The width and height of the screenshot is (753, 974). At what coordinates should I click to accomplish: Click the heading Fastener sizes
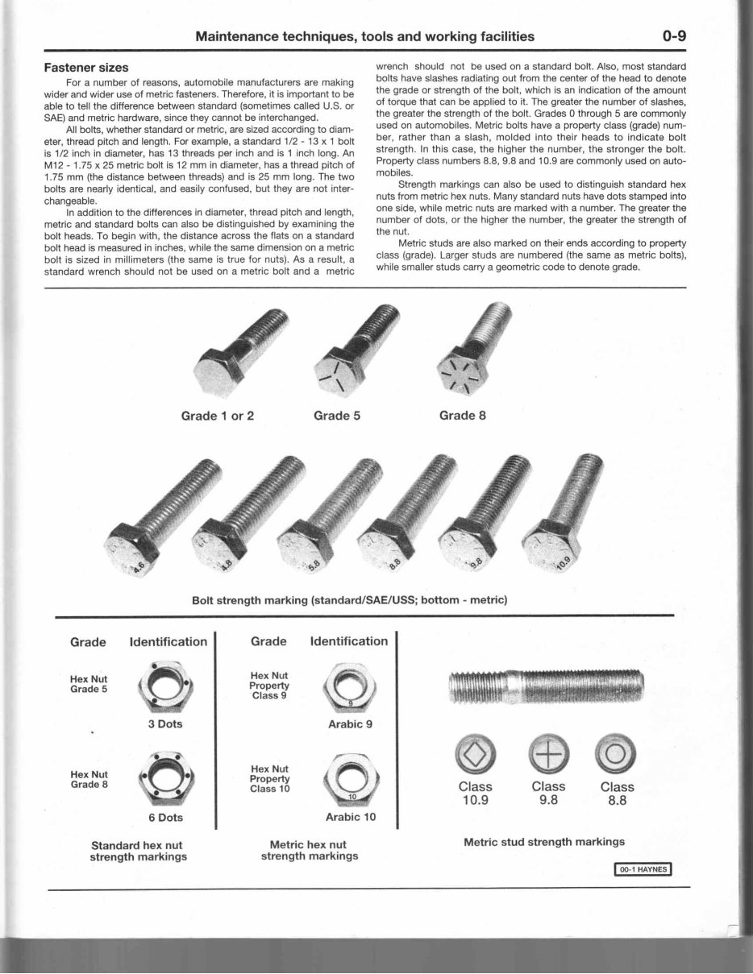click(x=86, y=67)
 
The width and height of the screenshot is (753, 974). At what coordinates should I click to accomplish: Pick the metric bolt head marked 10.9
click(x=551, y=549)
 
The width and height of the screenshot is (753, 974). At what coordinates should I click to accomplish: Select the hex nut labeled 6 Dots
click(x=165, y=778)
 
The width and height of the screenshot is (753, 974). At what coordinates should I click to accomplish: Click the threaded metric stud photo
click(x=545, y=685)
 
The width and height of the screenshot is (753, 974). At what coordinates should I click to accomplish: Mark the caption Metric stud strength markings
click(x=544, y=842)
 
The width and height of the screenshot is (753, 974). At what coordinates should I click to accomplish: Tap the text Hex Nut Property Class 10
click(x=270, y=779)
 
